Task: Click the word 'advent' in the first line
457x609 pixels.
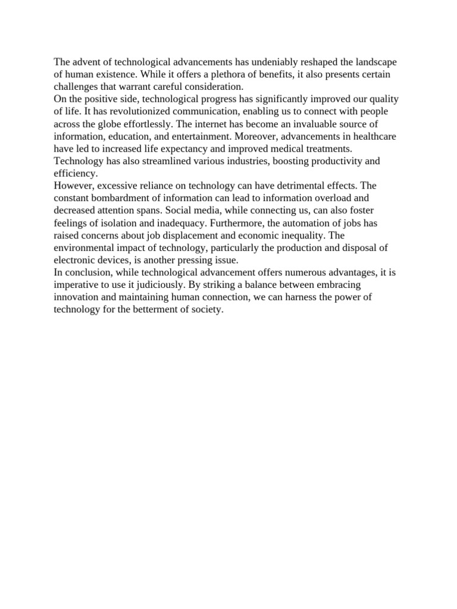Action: click(86, 62)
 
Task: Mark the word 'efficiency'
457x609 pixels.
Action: click(74, 173)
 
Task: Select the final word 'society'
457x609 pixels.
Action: click(206, 310)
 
